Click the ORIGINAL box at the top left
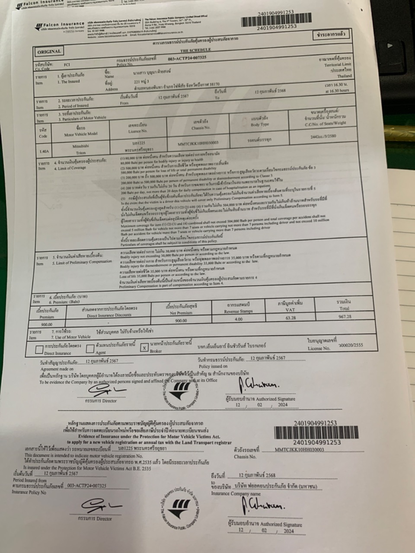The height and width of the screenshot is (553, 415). pos(49,51)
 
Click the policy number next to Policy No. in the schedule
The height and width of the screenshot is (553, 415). pos(187,57)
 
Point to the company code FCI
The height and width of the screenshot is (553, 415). pos(67,65)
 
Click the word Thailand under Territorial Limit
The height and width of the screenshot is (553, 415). pos(344,76)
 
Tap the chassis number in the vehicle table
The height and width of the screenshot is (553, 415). pos(198,142)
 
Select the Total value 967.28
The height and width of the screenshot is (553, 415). pos(345,316)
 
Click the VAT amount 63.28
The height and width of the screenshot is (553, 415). pos(290,318)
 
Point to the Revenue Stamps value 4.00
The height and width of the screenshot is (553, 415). pos(238,319)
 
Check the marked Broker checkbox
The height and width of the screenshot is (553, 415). pos(144,347)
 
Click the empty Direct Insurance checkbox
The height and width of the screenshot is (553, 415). pos(39,349)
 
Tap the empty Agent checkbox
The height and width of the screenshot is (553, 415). pos(90,348)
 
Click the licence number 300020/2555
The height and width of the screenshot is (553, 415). pos(351,345)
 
